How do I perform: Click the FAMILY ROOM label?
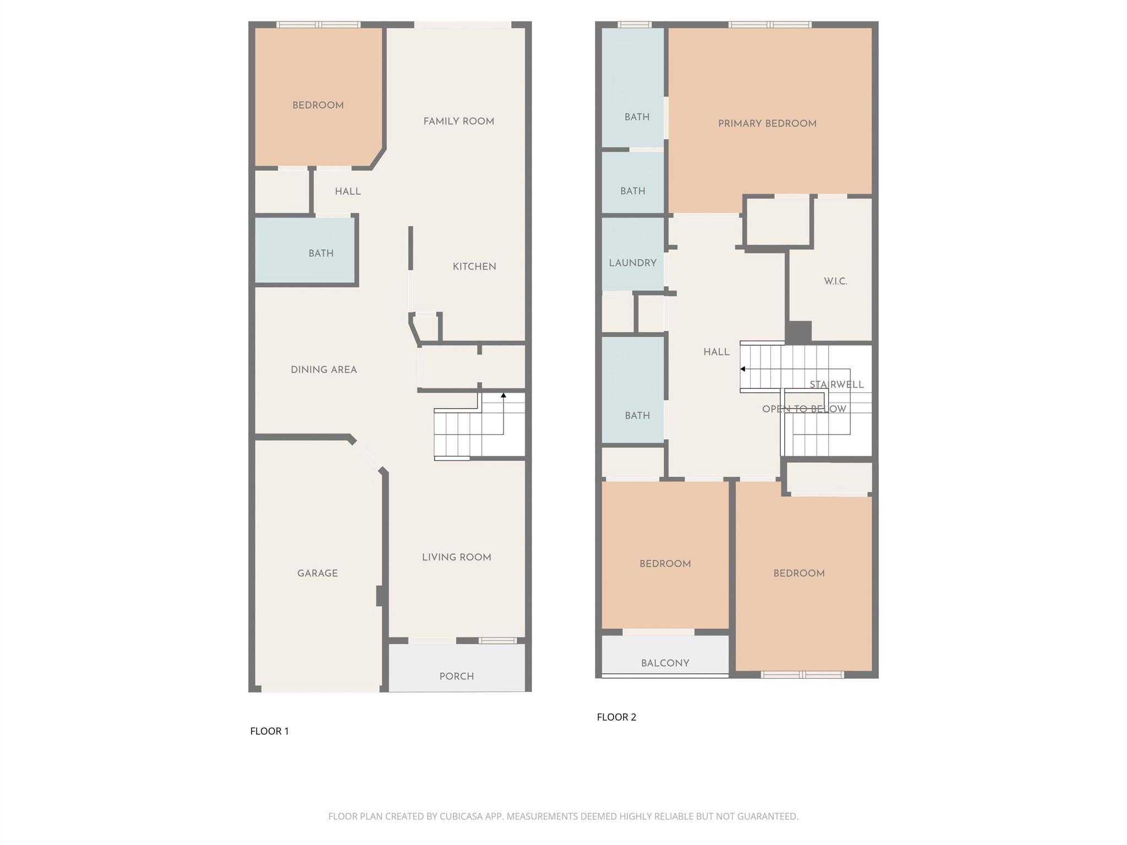click(x=458, y=122)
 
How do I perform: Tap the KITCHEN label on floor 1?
click(x=474, y=267)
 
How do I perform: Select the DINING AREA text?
click(x=324, y=370)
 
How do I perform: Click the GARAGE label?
click(x=317, y=573)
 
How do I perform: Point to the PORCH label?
click(x=456, y=677)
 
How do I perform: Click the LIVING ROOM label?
click(x=456, y=557)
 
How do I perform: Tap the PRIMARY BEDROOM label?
click(x=767, y=124)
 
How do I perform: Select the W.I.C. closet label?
click(x=835, y=282)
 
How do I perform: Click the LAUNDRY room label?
click(x=632, y=263)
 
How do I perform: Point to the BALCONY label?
click(x=665, y=663)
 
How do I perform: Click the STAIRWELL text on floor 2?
click(x=836, y=385)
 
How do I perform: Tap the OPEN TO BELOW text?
click(x=803, y=409)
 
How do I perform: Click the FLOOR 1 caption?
click(x=269, y=731)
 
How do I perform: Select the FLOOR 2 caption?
click(x=616, y=717)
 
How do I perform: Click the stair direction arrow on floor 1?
click(x=503, y=395)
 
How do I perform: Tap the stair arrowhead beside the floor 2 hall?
click(x=743, y=369)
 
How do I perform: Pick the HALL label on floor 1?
click(x=347, y=191)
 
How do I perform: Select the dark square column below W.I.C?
click(x=798, y=332)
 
